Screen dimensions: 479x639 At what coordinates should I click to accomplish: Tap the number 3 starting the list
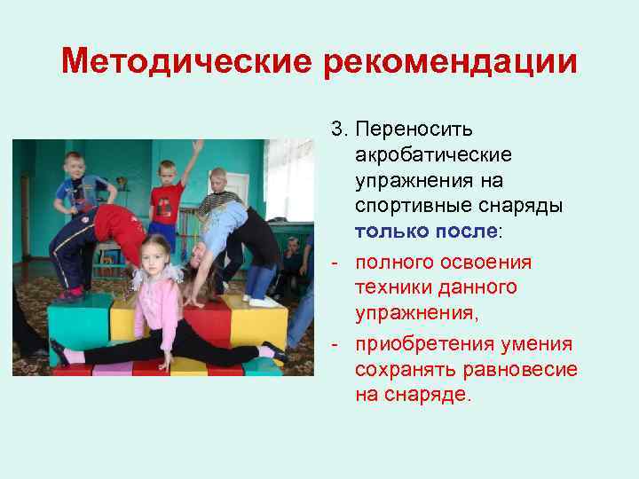336,130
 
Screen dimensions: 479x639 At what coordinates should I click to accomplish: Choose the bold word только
386,232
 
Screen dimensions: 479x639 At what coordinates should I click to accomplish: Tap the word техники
390,288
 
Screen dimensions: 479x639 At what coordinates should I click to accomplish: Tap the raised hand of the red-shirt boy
197,147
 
